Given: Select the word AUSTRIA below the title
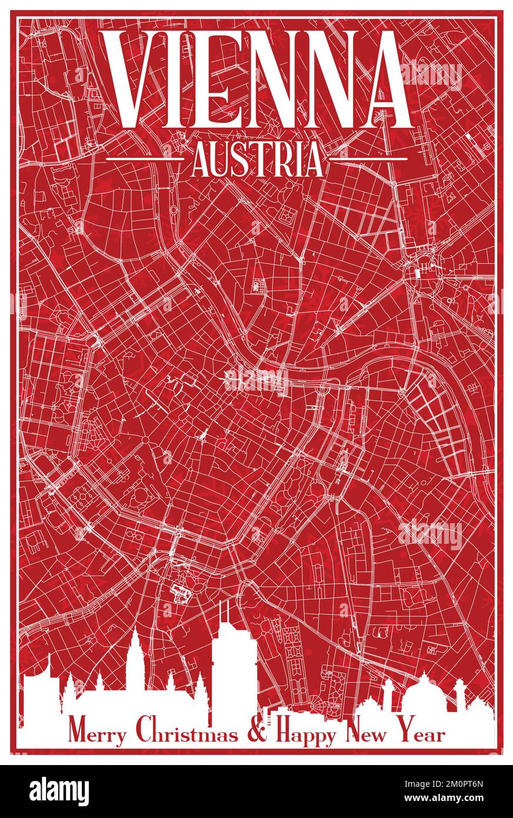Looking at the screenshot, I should pyautogui.click(x=257, y=159).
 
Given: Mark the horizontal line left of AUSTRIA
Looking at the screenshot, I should pyautogui.click(x=144, y=158).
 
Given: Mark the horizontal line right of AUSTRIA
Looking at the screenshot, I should pyautogui.click(x=368, y=158).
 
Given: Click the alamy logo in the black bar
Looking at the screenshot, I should pyautogui.click(x=59, y=792).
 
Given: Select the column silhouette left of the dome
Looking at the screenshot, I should pyautogui.click(x=388, y=694).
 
